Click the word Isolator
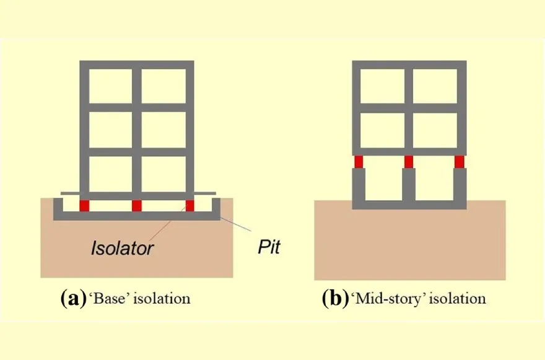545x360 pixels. coord(122,249)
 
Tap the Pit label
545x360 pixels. coord(268,248)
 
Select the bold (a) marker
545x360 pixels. coord(70,299)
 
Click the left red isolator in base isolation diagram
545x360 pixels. coord(84,205)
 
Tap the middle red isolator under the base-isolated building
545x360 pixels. coord(136,205)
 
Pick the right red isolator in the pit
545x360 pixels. coord(190,205)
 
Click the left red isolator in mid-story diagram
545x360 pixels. coord(358,162)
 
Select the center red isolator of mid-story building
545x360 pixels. coord(409,162)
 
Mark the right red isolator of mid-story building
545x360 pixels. coord(460,162)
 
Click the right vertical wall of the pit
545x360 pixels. coord(216,208)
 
